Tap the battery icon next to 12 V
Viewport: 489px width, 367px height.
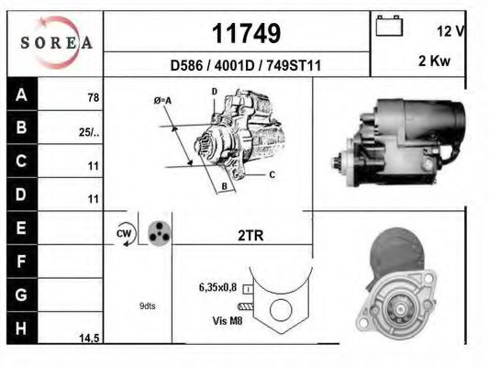coord(390,28)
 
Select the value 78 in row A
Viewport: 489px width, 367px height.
coord(93,97)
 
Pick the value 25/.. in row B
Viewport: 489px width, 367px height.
coord(89,131)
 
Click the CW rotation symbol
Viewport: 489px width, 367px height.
coord(124,234)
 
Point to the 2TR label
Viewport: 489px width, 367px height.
coord(250,236)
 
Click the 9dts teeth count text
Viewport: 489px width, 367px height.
coord(147,306)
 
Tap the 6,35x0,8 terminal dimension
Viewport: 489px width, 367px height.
coord(217,287)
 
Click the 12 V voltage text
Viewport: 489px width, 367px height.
coord(452,30)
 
